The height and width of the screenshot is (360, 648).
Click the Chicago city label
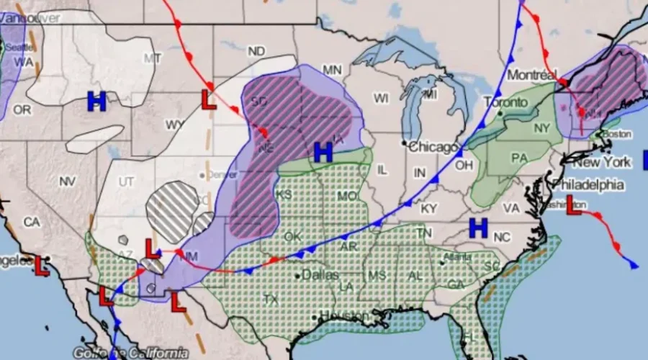click(x=433, y=148)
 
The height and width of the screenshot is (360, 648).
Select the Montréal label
click(x=532, y=75)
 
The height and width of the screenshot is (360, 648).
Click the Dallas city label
click(x=320, y=274)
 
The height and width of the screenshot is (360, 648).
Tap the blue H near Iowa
click(x=323, y=151)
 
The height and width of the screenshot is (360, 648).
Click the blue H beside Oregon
click(x=96, y=102)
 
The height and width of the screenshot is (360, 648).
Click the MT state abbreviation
click(x=153, y=58)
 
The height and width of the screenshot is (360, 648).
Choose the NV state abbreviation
click(x=67, y=181)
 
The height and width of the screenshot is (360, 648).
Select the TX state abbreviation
click(x=271, y=299)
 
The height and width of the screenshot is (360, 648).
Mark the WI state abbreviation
click(x=381, y=97)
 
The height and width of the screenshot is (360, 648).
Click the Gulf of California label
click(x=141, y=353)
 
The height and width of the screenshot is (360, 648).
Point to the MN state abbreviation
click(x=331, y=70)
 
